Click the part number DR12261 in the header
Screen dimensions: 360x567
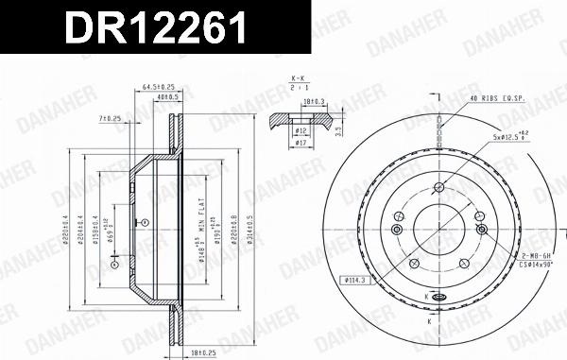click(156, 30)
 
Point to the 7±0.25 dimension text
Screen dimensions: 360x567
click(111, 118)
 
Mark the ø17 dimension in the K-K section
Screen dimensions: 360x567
click(300, 142)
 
